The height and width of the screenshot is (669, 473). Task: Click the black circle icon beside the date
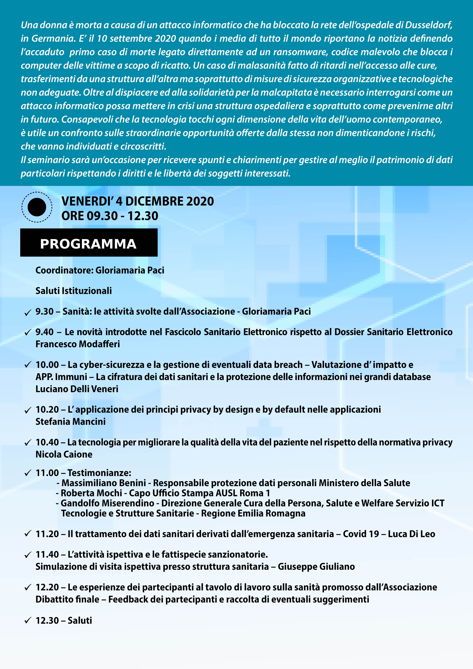[37, 207]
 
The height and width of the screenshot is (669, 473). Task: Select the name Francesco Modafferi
[78, 344]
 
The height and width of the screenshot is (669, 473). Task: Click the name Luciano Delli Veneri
[77, 389]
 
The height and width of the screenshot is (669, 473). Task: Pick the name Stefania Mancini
[71, 422]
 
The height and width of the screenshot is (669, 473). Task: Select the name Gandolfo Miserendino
[107, 503]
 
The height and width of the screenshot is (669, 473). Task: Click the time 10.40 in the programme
[47, 442]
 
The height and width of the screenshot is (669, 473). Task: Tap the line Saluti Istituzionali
[74, 291]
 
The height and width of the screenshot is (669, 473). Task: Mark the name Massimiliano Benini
[104, 483]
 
